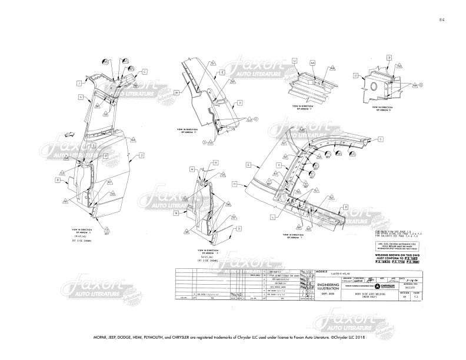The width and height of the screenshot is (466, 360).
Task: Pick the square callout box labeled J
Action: (78, 84)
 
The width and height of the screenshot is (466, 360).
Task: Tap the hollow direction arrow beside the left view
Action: (69, 134)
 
